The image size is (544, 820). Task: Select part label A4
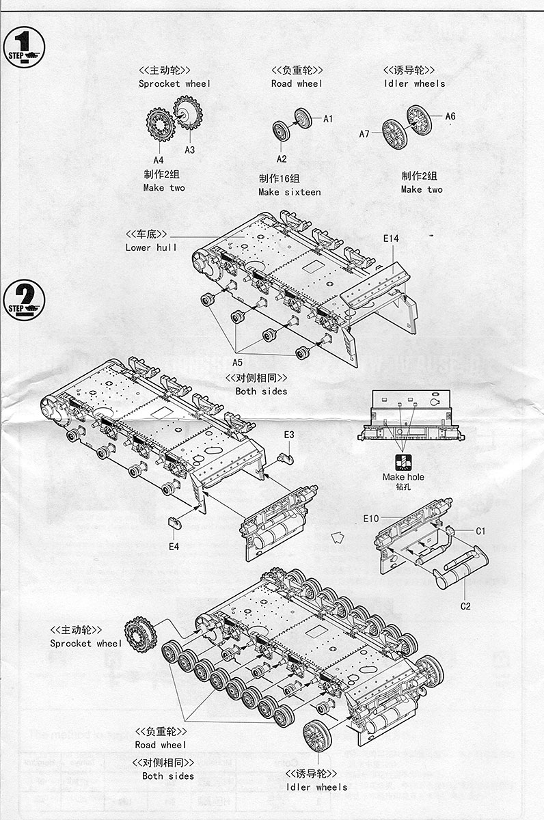tap(159, 161)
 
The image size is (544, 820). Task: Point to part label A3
tap(189, 149)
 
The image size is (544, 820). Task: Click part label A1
tap(328, 119)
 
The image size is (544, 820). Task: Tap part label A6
tap(450, 116)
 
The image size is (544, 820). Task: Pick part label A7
tap(364, 134)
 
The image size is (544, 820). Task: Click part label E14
tap(391, 238)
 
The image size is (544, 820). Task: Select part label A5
tap(237, 362)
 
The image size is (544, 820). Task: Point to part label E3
tap(289, 435)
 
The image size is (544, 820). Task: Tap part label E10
tap(370, 519)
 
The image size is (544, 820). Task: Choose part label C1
tap(480, 531)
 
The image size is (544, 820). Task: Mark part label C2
tap(465, 605)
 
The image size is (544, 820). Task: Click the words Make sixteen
tap(289, 192)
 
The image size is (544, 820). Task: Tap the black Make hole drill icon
tap(403, 461)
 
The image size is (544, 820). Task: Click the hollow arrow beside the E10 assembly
tap(337, 538)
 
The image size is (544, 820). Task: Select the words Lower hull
tap(151, 247)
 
